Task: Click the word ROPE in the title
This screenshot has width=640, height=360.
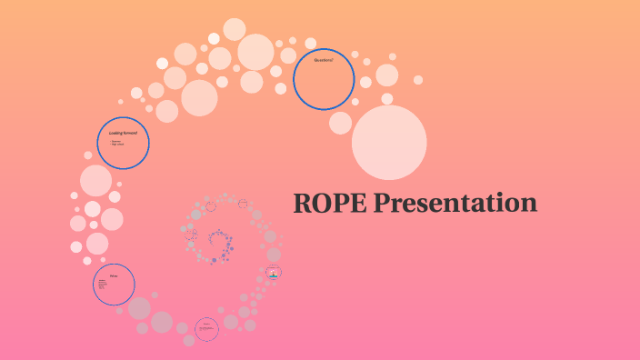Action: [x=326, y=203]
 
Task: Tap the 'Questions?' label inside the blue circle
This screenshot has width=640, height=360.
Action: [x=324, y=60]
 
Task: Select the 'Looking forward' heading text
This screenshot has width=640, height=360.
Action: [x=123, y=133]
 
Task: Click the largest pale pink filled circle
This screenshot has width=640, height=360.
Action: [x=389, y=142]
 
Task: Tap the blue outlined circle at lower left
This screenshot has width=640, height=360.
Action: [x=115, y=285]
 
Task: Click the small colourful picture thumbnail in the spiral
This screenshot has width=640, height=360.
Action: [x=274, y=273]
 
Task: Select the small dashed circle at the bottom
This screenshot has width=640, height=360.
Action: [x=207, y=329]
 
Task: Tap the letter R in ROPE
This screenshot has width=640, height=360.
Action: [x=303, y=203]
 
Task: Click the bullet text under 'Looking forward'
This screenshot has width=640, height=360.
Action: [x=117, y=143]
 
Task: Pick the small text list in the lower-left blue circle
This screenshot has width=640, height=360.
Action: [x=103, y=286]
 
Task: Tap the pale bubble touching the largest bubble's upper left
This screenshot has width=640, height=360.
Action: [x=341, y=123]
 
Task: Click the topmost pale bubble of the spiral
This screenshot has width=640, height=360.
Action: [x=235, y=29]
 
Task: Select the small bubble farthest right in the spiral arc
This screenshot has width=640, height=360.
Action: [x=418, y=80]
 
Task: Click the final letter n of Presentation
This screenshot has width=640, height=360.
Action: [x=528, y=204]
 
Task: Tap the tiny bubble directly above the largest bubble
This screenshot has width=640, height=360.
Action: [x=387, y=98]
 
